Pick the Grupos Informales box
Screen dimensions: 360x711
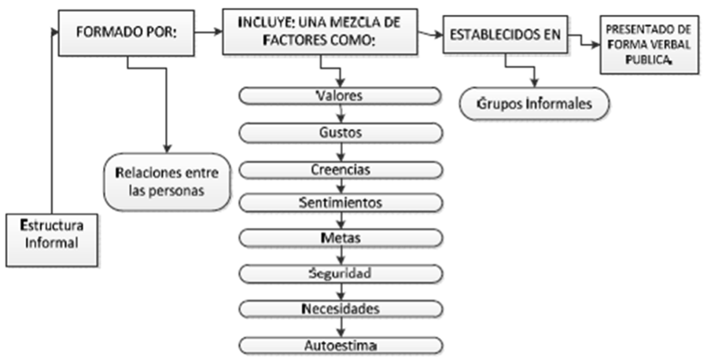click(x=534, y=104)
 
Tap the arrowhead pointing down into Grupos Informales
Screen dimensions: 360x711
click(x=535, y=83)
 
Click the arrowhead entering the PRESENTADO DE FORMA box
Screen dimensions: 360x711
click(x=595, y=44)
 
